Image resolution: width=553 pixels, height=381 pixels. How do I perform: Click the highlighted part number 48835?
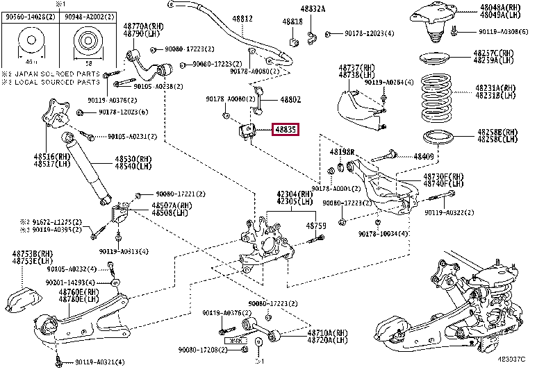click(285, 128)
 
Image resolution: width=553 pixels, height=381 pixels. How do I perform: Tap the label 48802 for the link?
click(289, 100)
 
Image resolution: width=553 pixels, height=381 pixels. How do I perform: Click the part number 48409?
click(424, 156)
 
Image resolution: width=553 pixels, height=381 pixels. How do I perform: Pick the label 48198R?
click(342, 151)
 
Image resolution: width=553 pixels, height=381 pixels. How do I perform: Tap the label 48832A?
click(313, 8)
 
